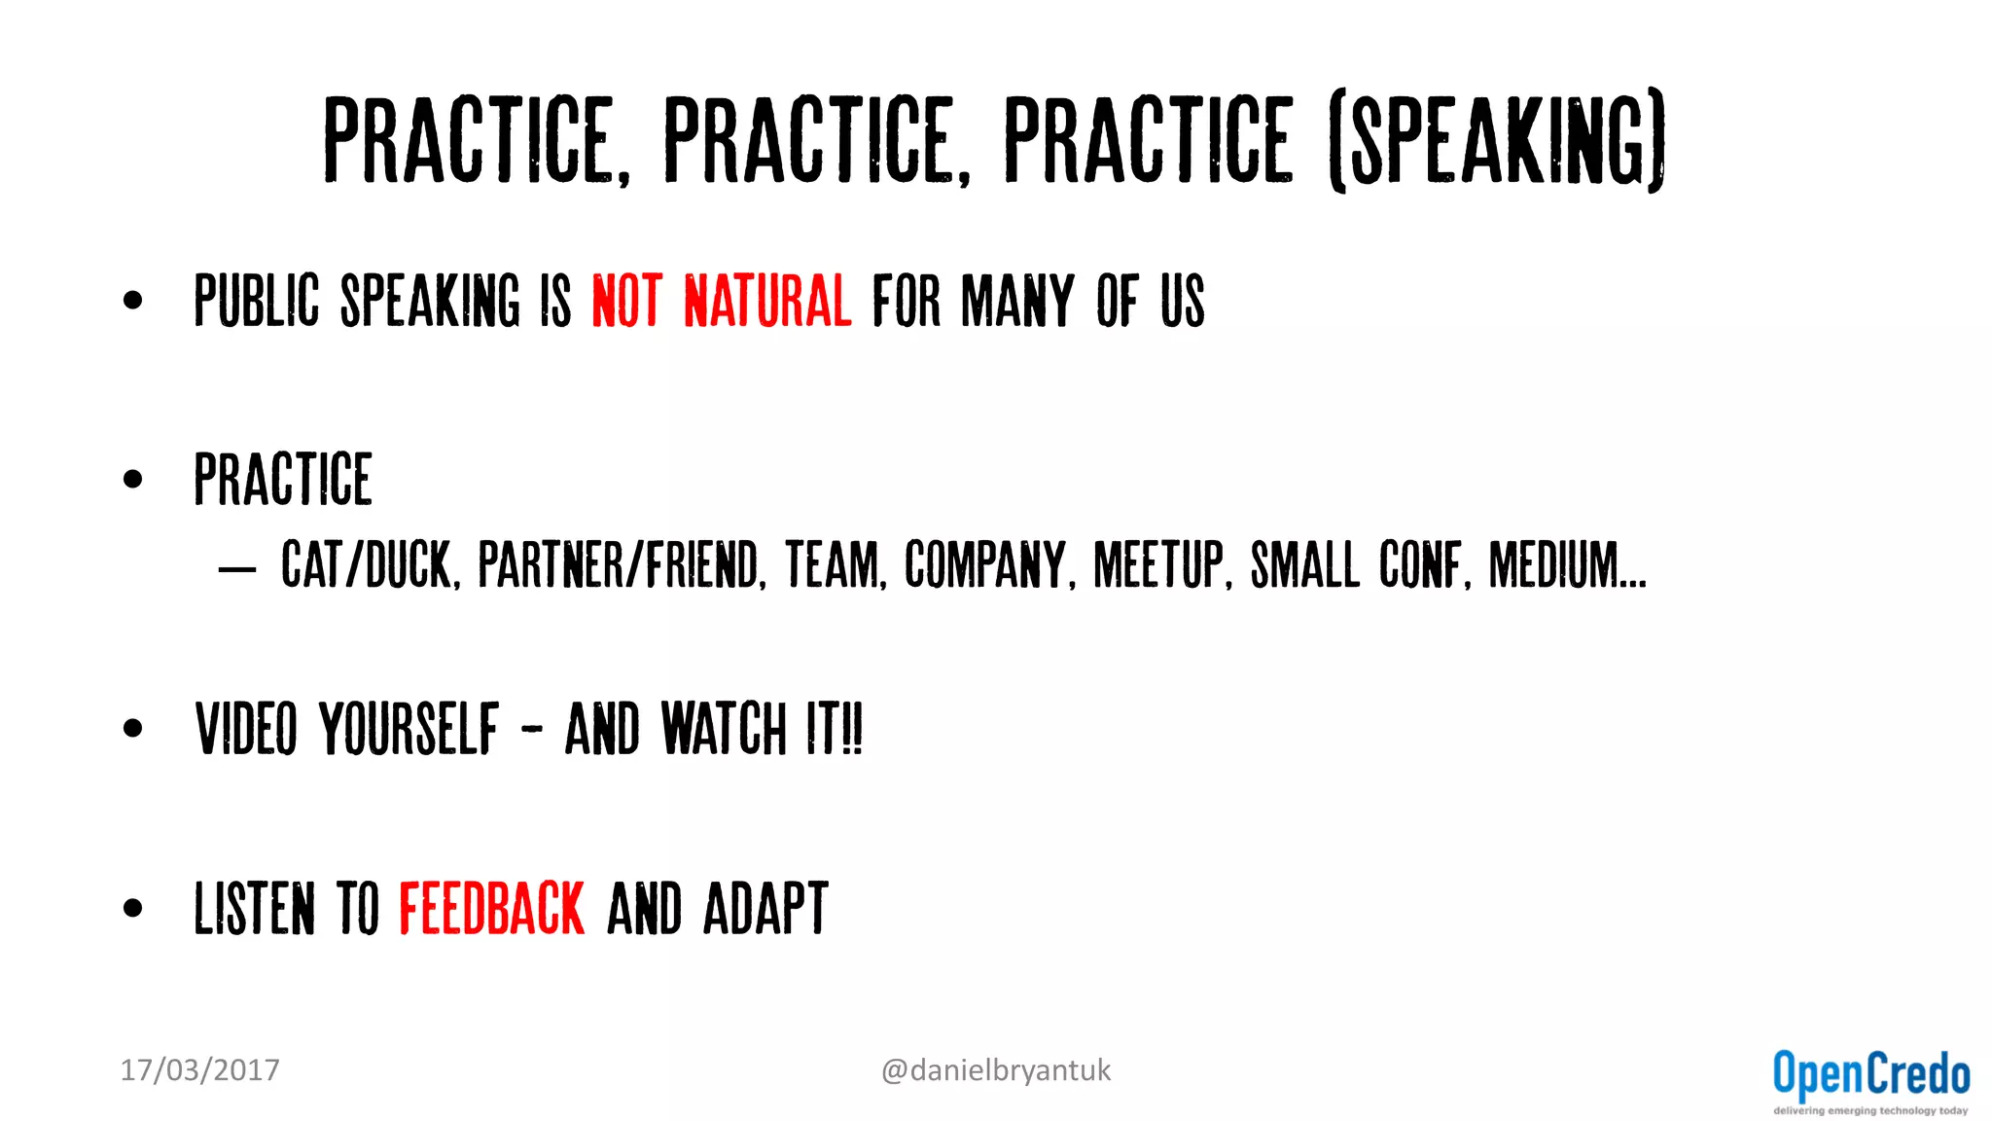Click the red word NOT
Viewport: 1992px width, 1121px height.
point(627,301)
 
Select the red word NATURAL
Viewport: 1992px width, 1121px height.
point(767,301)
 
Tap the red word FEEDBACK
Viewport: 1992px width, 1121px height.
point(492,909)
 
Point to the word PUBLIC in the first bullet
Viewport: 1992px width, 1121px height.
point(257,301)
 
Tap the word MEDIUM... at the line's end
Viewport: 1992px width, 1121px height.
point(1567,564)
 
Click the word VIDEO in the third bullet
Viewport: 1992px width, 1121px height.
point(246,729)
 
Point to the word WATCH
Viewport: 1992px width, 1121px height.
point(723,729)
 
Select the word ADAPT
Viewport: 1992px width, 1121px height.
point(765,909)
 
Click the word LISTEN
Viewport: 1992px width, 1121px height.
point(255,909)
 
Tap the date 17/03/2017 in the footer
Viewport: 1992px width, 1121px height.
point(199,1070)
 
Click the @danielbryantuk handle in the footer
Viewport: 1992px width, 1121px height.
point(995,1070)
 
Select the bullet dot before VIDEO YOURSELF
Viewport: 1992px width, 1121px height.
point(133,728)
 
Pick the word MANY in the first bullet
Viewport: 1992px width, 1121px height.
point(1017,301)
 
